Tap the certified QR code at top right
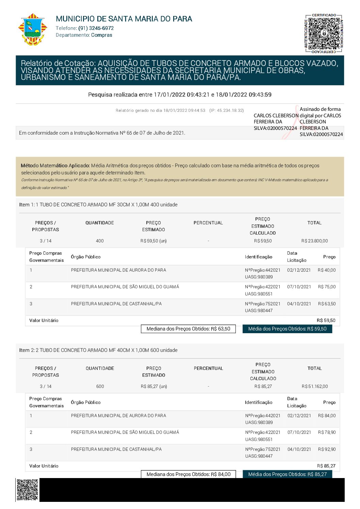(324, 34)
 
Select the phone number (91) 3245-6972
(96, 28)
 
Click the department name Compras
(102, 35)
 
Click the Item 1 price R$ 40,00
(327, 270)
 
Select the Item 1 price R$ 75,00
(327, 287)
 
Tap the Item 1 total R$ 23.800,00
(314, 241)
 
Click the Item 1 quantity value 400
(100, 241)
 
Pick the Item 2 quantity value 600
(100, 387)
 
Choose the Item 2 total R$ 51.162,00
(315, 387)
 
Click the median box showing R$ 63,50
(188, 329)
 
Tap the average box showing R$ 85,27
(287, 474)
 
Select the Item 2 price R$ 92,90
(327, 449)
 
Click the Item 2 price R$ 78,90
(327, 432)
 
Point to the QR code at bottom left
(27, 490)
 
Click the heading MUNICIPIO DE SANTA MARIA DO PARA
(124, 19)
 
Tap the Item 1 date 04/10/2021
(299, 304)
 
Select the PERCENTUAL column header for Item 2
(208, 369)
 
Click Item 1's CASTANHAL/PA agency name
(116, 304)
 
